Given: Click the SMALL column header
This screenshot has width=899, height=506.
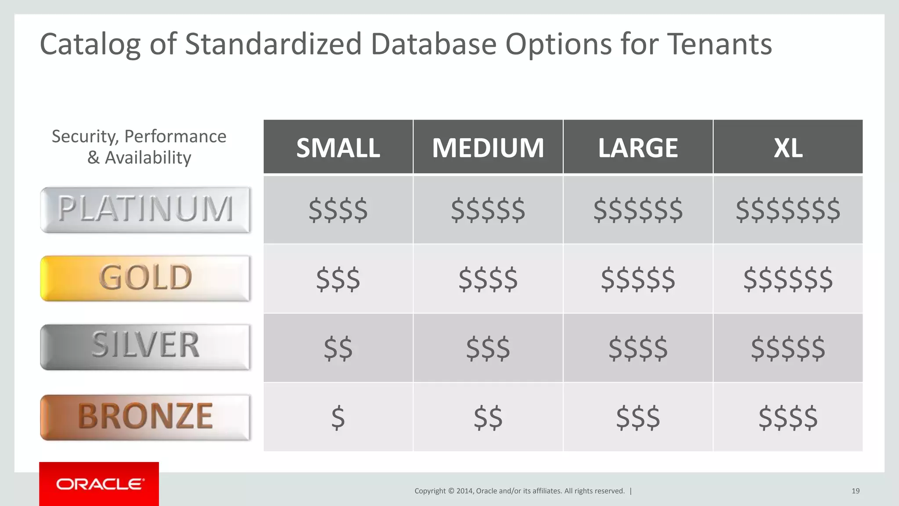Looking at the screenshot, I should tap(338, 148).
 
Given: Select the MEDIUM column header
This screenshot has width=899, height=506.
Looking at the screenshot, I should tap(488, 148).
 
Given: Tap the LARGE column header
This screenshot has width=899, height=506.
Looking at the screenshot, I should tap(638, 148).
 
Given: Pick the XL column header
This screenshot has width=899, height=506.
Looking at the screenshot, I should tap(788, 148).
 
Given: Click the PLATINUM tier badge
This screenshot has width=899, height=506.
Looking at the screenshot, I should tap(145, 210).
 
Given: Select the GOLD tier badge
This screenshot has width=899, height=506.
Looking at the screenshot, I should tap(145, 278).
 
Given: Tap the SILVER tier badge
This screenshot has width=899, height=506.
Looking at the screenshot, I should tap(145, 347).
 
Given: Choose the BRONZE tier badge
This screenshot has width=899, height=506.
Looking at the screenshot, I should tap(145, 416).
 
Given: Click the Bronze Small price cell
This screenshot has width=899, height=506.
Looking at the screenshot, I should tap(338, 417).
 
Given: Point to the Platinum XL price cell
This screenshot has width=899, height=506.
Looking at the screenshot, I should tap(788, 210).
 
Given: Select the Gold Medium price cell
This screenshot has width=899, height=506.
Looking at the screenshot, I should tap(488, 279).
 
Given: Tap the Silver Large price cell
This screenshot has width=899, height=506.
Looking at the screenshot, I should tap(638, 348).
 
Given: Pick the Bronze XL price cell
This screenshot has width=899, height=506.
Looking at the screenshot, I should tap(788, 417).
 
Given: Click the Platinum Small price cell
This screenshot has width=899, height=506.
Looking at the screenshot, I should tap(338, 210).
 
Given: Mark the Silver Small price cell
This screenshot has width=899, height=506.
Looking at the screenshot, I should tap(338, 348).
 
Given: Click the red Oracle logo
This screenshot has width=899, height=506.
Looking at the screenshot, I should tap(99, 484).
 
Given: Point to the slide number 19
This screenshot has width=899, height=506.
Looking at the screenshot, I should tap(855, 491).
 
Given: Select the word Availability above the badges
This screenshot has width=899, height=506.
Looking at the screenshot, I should tap(148, 158).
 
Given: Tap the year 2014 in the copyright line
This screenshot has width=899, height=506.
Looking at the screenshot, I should tap(464, 491).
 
